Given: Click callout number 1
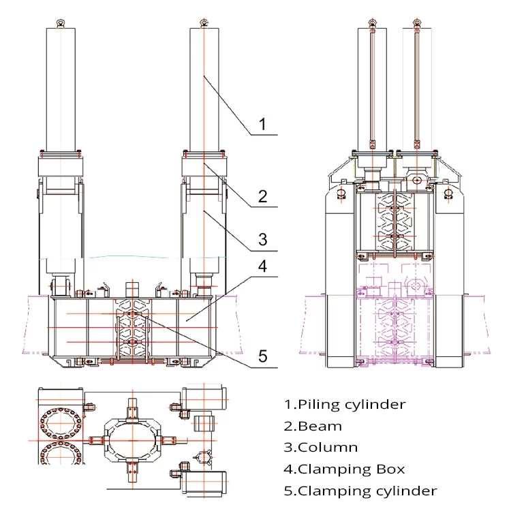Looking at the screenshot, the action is [262, 125].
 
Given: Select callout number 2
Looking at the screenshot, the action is [263, 196].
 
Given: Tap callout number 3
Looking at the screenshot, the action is [263, 240].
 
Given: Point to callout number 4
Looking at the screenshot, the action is [263, 266].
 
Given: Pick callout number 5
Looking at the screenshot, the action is [263, 356].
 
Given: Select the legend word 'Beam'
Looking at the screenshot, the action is [320, 427].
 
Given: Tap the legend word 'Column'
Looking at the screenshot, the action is [328, 448].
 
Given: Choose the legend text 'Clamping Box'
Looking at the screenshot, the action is [351, 469].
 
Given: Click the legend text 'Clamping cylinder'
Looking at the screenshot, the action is [367, 491].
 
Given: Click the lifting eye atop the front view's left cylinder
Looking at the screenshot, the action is [61, 23].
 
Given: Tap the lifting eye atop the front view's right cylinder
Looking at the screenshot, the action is [204, 23].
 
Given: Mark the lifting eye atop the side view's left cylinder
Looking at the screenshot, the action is [373, 22].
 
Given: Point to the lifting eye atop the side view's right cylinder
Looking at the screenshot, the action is [416, 22].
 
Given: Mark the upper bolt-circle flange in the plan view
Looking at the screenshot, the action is [61, 423].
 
